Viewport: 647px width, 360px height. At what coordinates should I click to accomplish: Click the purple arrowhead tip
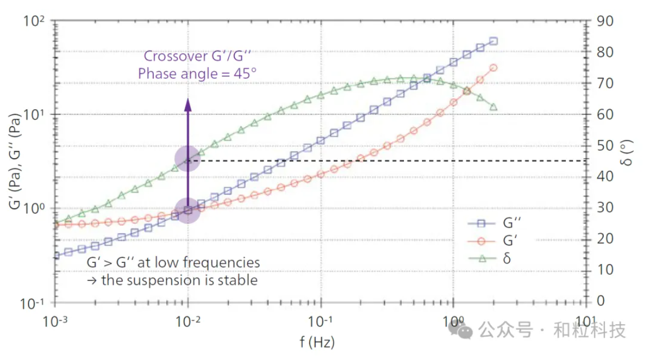click(188, 100)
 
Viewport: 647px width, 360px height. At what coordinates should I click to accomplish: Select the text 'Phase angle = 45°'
click(197, 74)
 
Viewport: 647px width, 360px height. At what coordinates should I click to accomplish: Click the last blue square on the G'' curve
click(493, 41)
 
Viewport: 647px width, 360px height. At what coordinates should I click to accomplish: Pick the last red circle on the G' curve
click(493, 67)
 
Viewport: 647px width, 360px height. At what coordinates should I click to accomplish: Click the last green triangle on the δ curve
click(493, 107)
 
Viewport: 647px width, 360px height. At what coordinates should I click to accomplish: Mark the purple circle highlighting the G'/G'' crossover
click(188, 210)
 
